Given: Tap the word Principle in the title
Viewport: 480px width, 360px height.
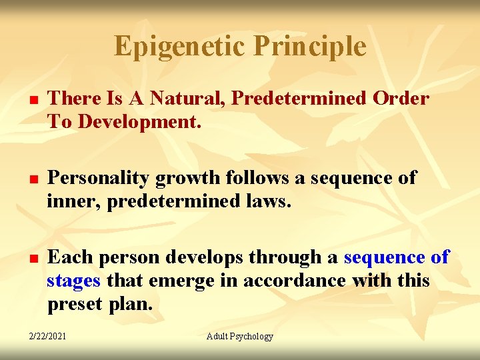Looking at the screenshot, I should point(310,47).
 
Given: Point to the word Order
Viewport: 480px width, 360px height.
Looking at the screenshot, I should point(401,99).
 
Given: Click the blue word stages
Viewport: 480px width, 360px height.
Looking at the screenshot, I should point(73,281).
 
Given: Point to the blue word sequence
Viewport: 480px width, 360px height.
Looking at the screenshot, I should point(385,257).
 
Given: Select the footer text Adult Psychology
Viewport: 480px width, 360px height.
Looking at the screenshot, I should point(240,337).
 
